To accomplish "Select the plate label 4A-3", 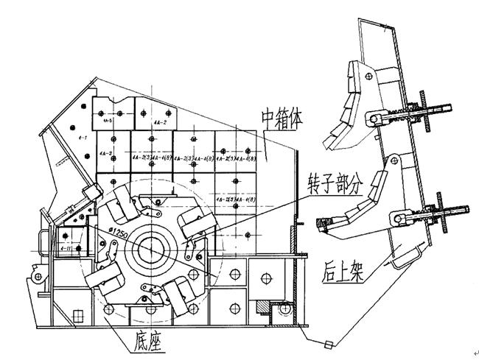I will point(105,154).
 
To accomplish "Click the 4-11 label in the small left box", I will point(64,249).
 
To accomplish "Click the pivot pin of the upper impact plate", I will point(374,117).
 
